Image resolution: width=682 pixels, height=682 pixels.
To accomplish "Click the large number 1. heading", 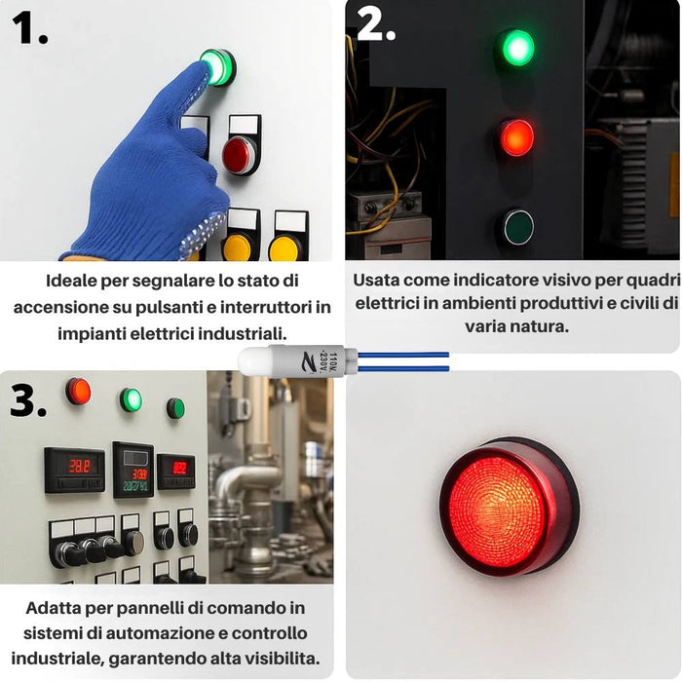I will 30,28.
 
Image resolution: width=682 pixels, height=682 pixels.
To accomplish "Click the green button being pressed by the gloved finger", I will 216,66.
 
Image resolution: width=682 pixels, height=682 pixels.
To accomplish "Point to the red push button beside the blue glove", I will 239,154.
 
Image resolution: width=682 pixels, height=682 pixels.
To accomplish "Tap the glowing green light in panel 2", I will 516,48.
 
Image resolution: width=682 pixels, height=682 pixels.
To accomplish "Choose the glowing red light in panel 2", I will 516,137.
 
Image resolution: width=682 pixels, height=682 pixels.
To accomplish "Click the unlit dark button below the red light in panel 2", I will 515,227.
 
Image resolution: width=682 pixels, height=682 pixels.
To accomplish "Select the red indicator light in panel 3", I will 78,392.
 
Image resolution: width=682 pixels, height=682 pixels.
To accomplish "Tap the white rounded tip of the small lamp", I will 252,361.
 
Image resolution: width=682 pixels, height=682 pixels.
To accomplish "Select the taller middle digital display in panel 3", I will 133,469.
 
